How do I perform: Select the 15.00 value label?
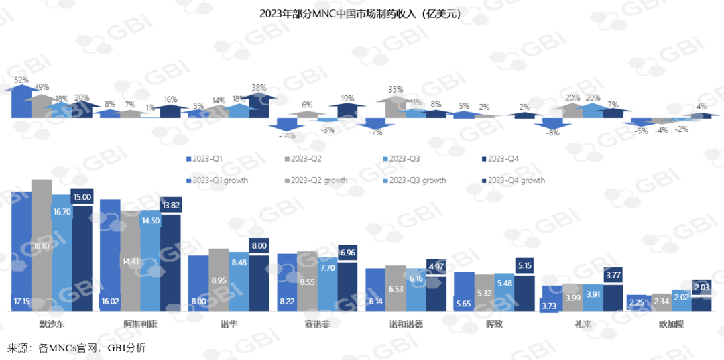point(82,197)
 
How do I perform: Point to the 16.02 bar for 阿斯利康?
point(109,255)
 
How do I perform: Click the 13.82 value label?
point(171,204)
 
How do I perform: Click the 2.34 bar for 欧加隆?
point(660,303)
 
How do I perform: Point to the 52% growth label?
point(21,80)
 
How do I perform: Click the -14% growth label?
point(286,135)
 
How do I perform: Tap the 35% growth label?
point(396,89)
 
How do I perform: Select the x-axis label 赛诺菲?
point(318,324)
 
